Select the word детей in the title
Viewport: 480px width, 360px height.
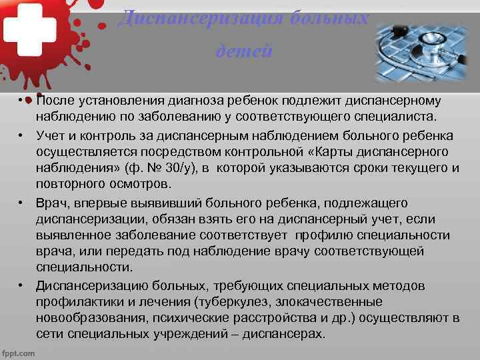pos(244,51)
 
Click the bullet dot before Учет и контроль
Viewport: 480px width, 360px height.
pos(22,134)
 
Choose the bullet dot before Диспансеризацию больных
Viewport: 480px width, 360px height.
pos(22,285)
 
